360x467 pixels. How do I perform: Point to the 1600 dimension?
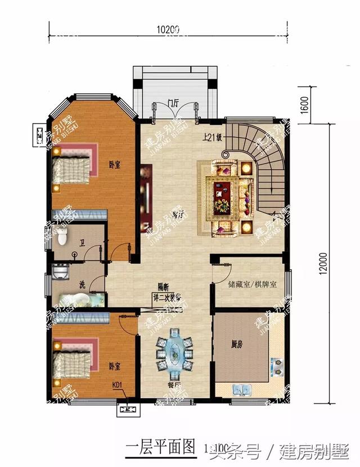coord(304,105)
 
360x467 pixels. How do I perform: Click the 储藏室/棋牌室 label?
coord(253,285)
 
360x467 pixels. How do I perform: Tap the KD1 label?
coord(118,386)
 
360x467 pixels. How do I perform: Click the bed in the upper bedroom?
coord(71,167)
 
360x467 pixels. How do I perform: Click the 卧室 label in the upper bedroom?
coord(116,165)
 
